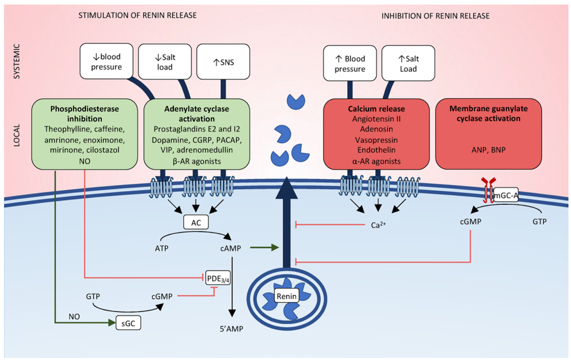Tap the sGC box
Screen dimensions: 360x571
pyautogui.click(x=127, y=323)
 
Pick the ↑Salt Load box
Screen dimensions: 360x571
pyautogui.click(x=408, y=63)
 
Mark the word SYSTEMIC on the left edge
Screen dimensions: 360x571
pyautogui.click(x=17, y=61)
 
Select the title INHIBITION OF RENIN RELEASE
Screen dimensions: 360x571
pyautogui.click(x=435, y=16)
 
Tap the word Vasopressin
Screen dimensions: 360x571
pyautogui.click(x=376, y=139)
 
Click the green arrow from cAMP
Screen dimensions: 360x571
pyautogui.click(x=264, y=248)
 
